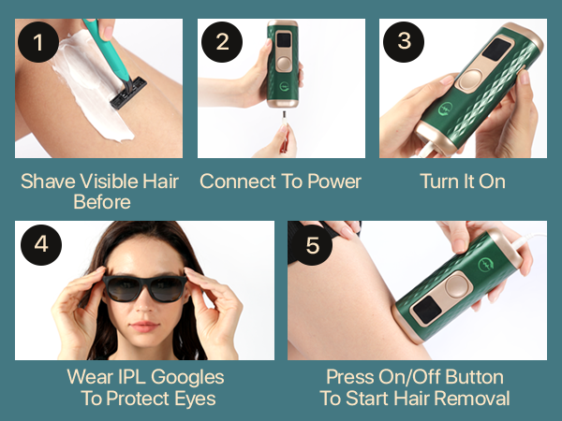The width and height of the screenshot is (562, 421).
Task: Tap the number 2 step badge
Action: (222, 43)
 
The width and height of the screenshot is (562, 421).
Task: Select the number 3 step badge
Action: (404, 43)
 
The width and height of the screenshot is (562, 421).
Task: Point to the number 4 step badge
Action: (40, 245)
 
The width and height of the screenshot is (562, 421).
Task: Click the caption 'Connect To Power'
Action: (280, 181)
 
